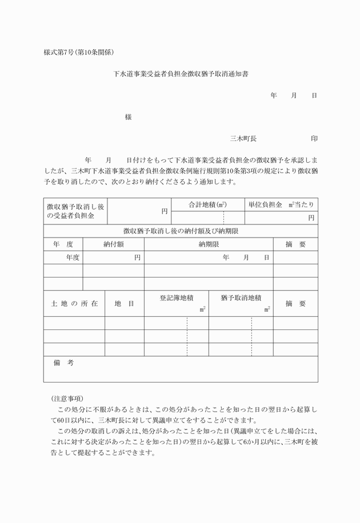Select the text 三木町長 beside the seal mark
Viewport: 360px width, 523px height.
243,138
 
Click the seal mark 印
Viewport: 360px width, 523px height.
314,138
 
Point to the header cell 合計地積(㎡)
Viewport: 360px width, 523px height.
207,204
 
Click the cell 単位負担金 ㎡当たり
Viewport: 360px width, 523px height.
281,204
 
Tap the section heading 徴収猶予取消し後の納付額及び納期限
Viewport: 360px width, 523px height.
181,231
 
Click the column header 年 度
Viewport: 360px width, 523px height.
63,244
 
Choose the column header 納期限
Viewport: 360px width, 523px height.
209,244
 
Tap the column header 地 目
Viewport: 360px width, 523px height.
125,304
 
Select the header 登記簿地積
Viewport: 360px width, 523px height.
176,298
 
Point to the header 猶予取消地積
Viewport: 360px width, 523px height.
241,298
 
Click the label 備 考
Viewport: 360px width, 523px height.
63,363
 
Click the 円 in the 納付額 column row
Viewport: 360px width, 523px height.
137,258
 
